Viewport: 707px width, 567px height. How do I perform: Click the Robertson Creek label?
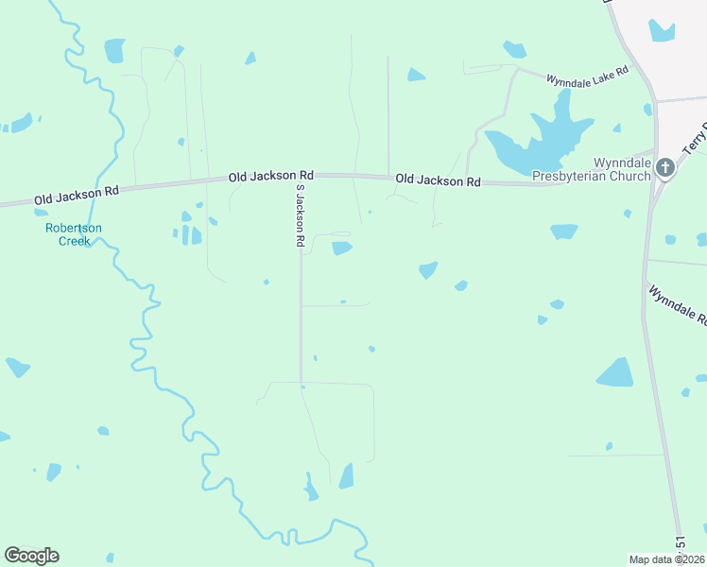point(74,234)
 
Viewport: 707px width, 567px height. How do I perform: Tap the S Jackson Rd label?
point(298,216)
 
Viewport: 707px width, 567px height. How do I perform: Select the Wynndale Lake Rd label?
point(587,73)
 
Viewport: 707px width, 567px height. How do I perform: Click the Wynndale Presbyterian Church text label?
point(592,169)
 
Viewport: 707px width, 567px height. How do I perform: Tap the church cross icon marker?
point(665,168)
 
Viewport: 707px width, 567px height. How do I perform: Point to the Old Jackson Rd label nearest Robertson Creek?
point(77,195)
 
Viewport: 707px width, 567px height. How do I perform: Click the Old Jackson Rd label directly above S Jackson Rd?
point(270,176)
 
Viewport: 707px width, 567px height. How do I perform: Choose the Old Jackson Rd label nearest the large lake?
point(438,180)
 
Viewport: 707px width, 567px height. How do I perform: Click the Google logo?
point(31,556)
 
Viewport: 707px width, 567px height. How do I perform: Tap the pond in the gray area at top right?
point(663,31)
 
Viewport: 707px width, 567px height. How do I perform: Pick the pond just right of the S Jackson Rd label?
point(341,248)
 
